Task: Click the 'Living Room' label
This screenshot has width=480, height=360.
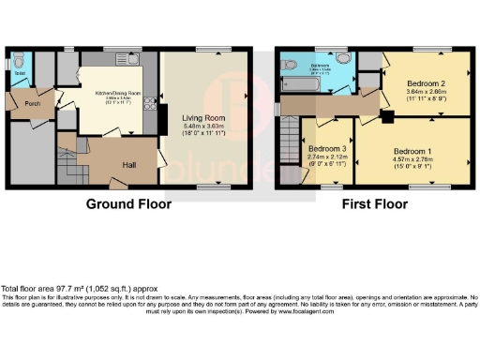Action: click(204, 116)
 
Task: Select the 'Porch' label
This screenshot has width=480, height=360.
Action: click(31, 103)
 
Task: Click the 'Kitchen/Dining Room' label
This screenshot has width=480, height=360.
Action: click(117, 93)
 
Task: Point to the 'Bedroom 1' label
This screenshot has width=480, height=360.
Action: click(412, 151)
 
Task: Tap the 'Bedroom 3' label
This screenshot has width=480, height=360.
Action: click(326, 150)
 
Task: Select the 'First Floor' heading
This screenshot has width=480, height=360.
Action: click(374, 202)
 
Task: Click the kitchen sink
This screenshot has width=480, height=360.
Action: click(123, 60)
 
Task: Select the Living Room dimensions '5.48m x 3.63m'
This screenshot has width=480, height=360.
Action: click(204, 126)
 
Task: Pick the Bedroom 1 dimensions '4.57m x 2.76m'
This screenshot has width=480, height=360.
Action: click(412, 160)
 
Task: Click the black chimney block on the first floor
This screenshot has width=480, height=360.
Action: click(384, 117)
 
